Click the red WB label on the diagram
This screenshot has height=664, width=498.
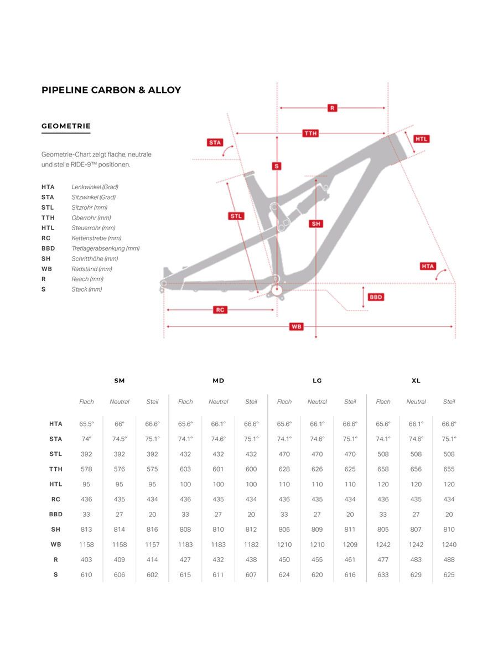tap(297, 326)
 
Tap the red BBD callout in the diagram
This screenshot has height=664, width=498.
tap(376, 297)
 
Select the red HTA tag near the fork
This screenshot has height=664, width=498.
tap(428, 266)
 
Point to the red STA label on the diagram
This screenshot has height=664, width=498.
tap(215, 142)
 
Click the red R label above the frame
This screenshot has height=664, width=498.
tap(332, 108)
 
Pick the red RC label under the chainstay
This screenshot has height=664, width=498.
tap(220, 310)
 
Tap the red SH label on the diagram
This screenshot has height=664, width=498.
tap(316, 224)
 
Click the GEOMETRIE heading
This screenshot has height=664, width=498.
tap(66, 126)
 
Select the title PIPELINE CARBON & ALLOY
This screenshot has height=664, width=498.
tap(111, 90)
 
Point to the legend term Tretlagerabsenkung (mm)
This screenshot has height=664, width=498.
tap(105, 248)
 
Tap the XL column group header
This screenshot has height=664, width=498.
tap(416, 381)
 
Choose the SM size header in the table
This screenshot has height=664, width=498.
tap(120, 381)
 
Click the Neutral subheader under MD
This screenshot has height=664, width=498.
tap(218, 402)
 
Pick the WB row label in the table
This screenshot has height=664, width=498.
tap(56, 544)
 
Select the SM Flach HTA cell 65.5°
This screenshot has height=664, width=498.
tap(86, 424)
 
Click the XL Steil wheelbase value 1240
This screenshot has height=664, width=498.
tap(449, 544)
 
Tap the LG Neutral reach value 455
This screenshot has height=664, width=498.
tap(317, 559)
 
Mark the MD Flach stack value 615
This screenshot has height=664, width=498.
tap(185, 575)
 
